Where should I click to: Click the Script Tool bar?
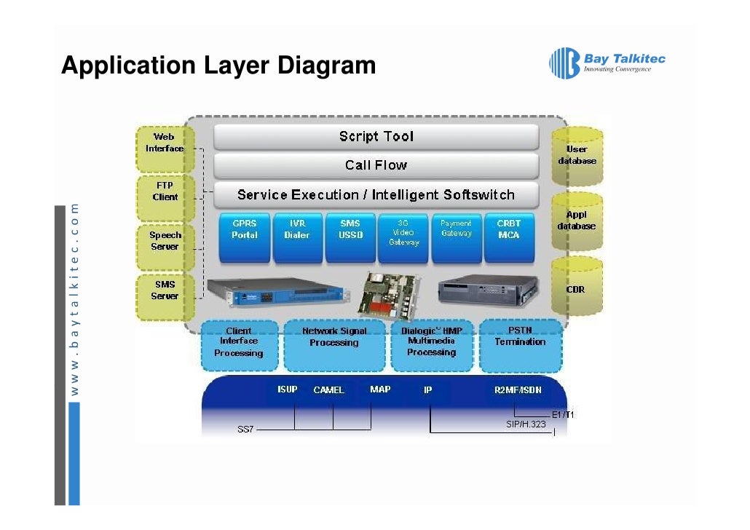pyautogui.click(x=376, y=137)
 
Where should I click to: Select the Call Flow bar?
pyautogui.click(x=376, y=165)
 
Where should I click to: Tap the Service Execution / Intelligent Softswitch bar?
pyautogui.click(x=376, y=195)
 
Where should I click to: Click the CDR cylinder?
pyautogui.click(x=577, y=289)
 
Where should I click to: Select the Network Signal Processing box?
pyautogui.click(x=334, y=344)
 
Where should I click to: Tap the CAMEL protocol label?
pyautogui.click(x=328, y=390)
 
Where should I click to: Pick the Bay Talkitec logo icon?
pyautogui.click(x=564, y=63)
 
